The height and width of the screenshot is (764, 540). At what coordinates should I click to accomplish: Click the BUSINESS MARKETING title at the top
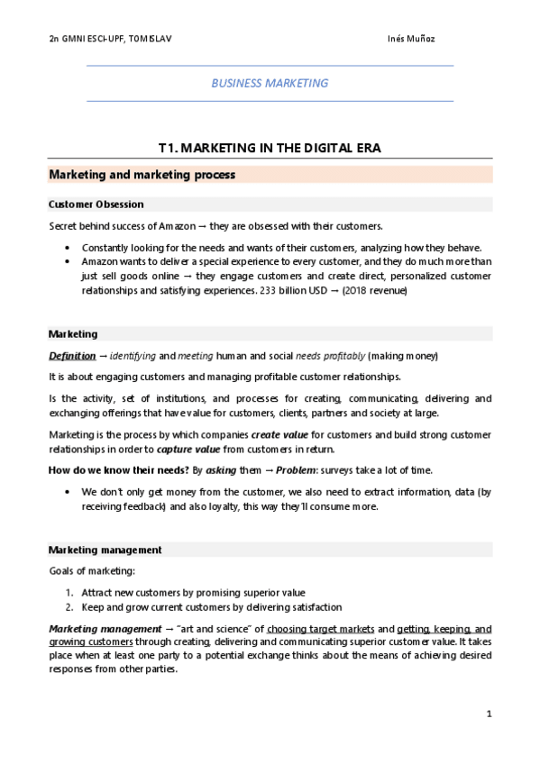point(270,83)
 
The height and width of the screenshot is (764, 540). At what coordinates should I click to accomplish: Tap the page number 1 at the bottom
point(488,714)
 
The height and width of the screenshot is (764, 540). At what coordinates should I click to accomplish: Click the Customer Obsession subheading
point(96,205)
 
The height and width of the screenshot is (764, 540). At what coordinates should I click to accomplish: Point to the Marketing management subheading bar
point(105,550)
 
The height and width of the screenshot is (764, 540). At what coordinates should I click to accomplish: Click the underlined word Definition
point(71,356)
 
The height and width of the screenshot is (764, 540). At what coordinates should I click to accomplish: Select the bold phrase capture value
point(186,449)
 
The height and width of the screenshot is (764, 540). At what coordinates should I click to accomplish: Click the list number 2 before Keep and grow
point(69,607)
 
